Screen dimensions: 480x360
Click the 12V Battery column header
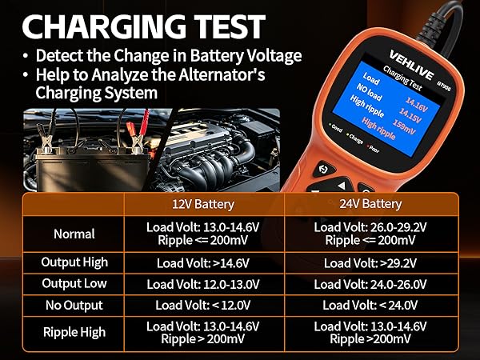(203, 204)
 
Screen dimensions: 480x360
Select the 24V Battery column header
(370, 204)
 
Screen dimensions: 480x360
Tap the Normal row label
(74, 234)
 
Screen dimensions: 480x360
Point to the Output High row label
(74, 262)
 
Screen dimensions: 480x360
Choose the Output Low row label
(74, 283)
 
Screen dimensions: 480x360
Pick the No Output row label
(74, 306)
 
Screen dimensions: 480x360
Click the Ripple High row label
(74, 332)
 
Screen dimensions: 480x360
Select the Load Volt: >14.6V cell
(203, 263)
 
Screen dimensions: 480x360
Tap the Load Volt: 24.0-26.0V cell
(370, 284)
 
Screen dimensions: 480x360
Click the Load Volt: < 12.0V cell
(203, 306)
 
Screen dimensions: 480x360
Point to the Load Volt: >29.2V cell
(370, 263)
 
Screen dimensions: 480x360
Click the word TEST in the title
(230, 26)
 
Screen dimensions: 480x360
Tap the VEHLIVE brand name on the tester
(411, 65)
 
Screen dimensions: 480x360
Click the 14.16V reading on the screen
(417, 104)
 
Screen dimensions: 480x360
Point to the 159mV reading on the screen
(404, 126)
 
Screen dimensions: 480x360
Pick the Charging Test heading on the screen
(403, 78)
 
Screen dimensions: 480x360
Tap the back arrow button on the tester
(323, 169)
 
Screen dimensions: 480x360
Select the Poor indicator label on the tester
(373, 149)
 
